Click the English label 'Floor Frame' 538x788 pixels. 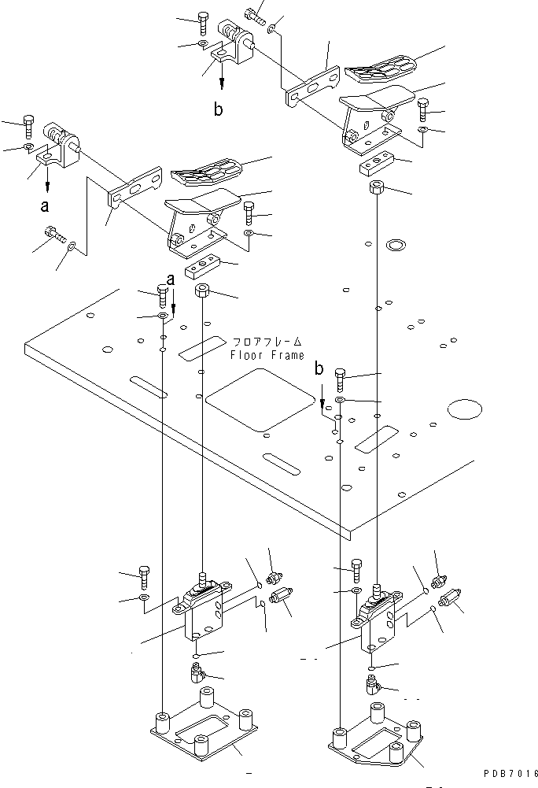[x=267, y=355]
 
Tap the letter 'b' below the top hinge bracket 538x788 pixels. [x=219, y=109]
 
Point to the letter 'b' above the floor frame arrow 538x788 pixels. [x=319, y=368]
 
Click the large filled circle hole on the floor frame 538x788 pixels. [x=464, y=409]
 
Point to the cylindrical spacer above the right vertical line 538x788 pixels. [x=377, y=188]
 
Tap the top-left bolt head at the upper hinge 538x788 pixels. [x=203, y=18]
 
